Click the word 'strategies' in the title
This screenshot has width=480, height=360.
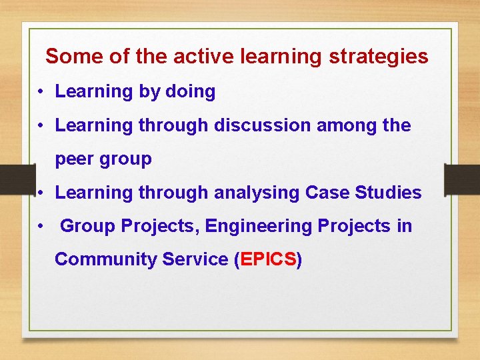coord(379,57)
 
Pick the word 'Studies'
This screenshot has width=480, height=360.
coord(389,193)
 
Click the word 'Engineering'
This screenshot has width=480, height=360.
coord(259,227)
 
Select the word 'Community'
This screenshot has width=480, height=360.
coord(106,259)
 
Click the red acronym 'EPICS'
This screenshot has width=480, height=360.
coord(268,259)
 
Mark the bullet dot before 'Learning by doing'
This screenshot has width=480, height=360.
coord(41,92)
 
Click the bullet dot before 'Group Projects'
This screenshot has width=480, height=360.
coord(41,227)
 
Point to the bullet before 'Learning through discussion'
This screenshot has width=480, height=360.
coord(41,125)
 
